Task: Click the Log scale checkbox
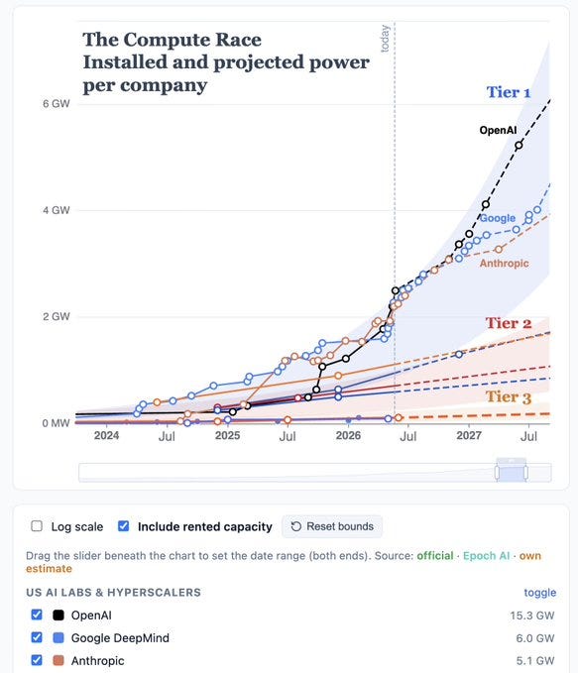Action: click(37, 526)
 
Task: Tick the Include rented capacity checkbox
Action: click(123, 526)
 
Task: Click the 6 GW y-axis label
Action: click(56, 104)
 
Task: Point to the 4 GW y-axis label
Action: click(56, 210)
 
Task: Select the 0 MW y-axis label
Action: click(56, 423)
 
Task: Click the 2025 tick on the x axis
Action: click(227, 436)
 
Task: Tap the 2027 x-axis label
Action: click(469, 436)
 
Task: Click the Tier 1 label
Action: click(509, 92)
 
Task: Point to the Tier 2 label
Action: click(509, 323)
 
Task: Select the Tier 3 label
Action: click(509, 397)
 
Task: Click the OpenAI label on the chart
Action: click(498, 130)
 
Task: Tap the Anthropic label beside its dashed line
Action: click(505, 263)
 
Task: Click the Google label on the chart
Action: click(498, 218)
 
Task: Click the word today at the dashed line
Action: click(386, 39)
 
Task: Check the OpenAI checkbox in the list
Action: click(37, 615)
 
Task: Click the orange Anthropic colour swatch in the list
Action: click(58, 660)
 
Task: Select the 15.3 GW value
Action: click(532, 616)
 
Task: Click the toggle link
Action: click(539, 593)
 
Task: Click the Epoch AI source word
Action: click(486, 556)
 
